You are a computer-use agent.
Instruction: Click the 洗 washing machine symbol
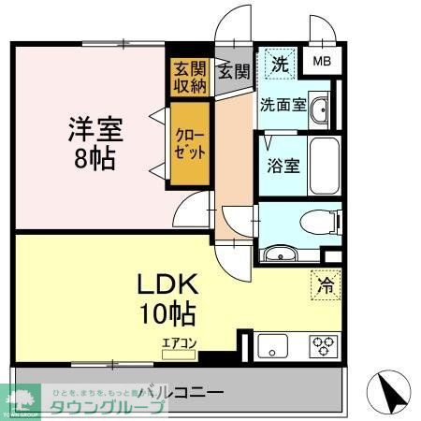point(279,65)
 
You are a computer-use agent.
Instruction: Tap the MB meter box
point(321,62)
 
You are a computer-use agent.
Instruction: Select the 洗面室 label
point(282,105)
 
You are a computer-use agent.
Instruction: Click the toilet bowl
point(315,223)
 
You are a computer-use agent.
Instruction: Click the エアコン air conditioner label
point(179,344)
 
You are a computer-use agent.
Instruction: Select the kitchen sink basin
point(277,345)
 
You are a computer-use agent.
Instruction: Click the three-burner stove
point(325,345)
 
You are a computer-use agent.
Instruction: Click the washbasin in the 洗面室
point(318,108)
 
